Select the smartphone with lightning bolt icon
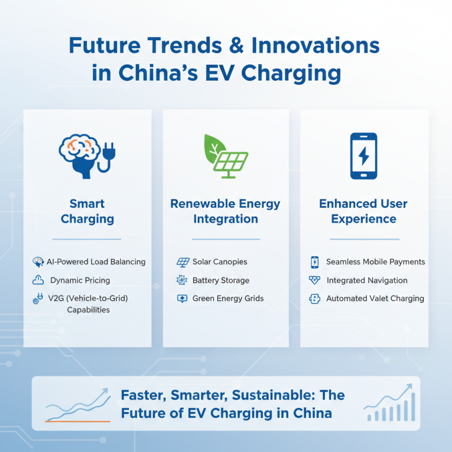pos(363,156)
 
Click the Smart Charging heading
pos(87,211)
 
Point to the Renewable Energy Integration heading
pos(225,211)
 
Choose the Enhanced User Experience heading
pos(363,211)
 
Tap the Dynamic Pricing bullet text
pos(80,280)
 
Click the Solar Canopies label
pos(220,262)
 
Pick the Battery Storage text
pos(220,280)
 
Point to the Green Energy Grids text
pos(228,298)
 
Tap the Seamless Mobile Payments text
pos(375,262)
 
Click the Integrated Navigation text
pos(367,280)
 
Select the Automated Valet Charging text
pos(375,298)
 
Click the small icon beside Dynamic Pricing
pos(38,280)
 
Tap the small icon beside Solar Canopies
pos(182,262)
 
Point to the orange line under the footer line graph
pos(77,421)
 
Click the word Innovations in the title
pos(316,45)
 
